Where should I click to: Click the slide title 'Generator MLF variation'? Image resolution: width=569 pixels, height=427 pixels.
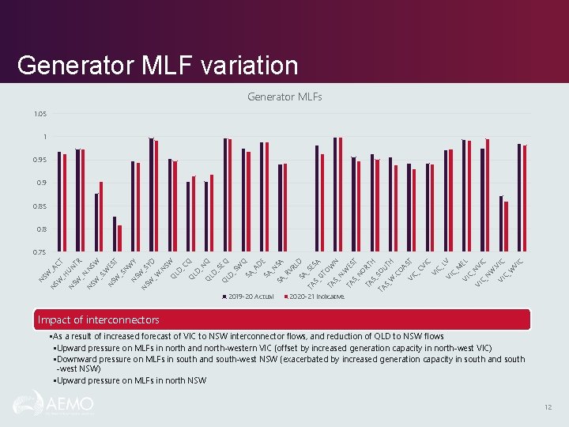[157, 65]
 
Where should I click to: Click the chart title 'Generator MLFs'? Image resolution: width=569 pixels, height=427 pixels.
[284, 97]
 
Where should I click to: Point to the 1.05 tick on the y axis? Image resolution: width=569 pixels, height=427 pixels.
[40, 114]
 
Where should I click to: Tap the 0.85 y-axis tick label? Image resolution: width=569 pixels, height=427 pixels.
[40, 206]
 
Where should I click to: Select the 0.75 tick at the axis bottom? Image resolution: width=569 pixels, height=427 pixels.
[40, 252]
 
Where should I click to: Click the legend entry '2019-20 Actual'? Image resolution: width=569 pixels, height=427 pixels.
[251, 296]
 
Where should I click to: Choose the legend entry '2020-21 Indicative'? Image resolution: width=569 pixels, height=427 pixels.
[317, 296]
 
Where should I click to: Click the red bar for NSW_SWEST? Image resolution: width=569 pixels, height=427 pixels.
[120, 238]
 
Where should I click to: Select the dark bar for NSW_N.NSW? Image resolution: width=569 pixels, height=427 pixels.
[96, 222]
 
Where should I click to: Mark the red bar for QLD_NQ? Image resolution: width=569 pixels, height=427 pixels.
[212, 213]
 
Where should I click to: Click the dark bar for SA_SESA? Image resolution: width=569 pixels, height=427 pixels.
[317, 198]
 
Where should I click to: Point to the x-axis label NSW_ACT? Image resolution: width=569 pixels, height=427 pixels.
[53, 270]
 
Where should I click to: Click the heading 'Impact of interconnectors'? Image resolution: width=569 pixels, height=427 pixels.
[99, 319]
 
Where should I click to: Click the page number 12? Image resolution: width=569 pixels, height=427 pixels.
[547, 406]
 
